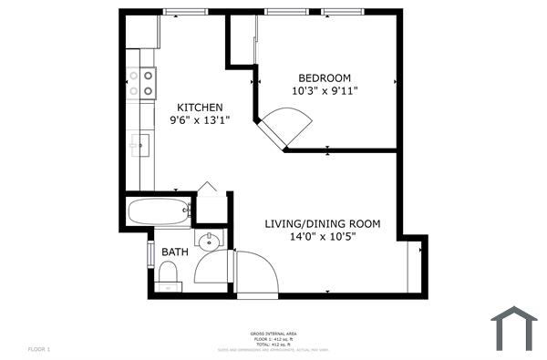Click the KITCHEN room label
tap(200, 107)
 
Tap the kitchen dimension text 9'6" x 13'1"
tap(200, 119)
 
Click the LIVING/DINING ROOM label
tap(322, 223)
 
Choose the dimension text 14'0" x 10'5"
tap(322, 236)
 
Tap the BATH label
tap(175, 252)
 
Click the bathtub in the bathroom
tap(159, 213)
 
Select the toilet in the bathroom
tap(167, 274)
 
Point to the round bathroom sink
tap(211, 241)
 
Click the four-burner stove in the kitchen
tap(142, 84)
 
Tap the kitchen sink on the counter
tap(140, 143)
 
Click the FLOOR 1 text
tap(39, 349)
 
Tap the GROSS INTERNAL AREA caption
tap(273, 335)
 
